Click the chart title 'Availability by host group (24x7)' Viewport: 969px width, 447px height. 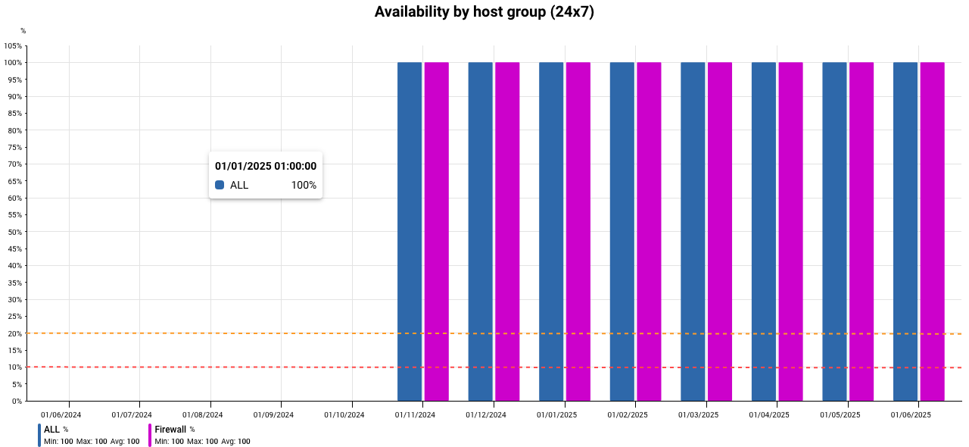pos(484,11)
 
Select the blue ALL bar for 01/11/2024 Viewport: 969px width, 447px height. pos(410,232)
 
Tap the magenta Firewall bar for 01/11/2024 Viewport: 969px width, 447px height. pos(437,232)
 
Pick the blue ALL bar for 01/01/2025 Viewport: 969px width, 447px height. pos(551,232)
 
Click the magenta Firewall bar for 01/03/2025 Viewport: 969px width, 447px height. pos(720,232)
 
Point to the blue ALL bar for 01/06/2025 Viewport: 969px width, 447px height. pos(905,232)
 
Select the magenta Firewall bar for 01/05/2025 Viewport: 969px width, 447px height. pos(862,232)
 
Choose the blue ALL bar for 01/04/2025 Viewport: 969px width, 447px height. pos(764,232)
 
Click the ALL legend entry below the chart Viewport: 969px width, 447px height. pos(51,430)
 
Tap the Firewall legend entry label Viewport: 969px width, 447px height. pos(170,430)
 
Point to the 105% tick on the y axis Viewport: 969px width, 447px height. pos(13,46)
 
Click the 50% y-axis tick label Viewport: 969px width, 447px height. pos(14,232)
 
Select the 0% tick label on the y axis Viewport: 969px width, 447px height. pos(17,402)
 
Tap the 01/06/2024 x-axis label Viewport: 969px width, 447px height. pos(61,415)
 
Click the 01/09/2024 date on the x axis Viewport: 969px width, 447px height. pos(273,415)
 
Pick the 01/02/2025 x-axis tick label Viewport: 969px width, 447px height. pos(628,415)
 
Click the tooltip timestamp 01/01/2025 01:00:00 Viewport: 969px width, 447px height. pos(266,166)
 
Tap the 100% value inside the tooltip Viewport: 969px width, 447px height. pos(304,185)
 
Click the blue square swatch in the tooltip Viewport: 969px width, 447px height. pos(220,185)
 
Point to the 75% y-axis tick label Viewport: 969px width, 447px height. pos(14,148)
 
